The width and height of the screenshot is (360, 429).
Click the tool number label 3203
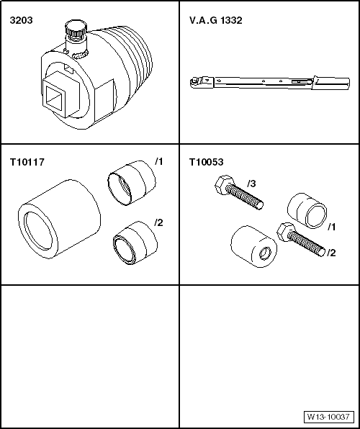point(21,21)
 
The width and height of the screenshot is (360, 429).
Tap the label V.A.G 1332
point(216,21)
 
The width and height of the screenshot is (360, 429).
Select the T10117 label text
point(27,162)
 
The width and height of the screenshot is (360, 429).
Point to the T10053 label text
point(207,162)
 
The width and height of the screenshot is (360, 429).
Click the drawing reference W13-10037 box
point(328,417)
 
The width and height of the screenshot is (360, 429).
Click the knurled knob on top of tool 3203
point(76,27)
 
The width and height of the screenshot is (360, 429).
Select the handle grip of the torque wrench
point(332,83)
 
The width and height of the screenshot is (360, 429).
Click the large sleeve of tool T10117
point(59,219)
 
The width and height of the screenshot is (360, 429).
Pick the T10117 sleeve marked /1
point(132,183)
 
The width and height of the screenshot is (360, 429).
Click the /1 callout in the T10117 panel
point(159,162)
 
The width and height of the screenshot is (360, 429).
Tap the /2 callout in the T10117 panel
point(159,222)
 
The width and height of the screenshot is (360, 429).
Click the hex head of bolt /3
point(224,185)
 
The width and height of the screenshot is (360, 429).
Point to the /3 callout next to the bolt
point(251,184)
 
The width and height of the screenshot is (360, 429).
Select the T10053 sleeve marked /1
point(307,211)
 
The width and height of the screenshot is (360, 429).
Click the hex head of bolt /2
point(286,232)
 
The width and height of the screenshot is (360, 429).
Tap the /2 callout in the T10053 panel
point(331,253)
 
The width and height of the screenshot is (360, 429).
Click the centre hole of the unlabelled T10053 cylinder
point(265,253)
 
